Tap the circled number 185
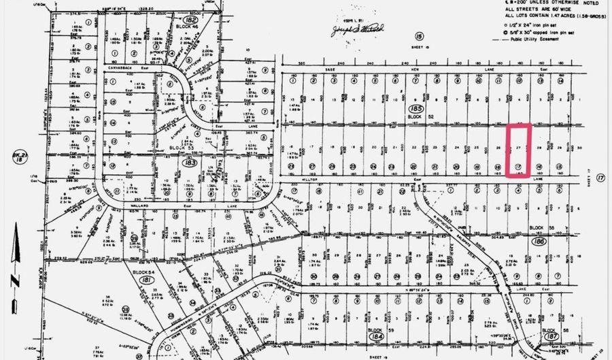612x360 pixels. [x=413, y=109]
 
